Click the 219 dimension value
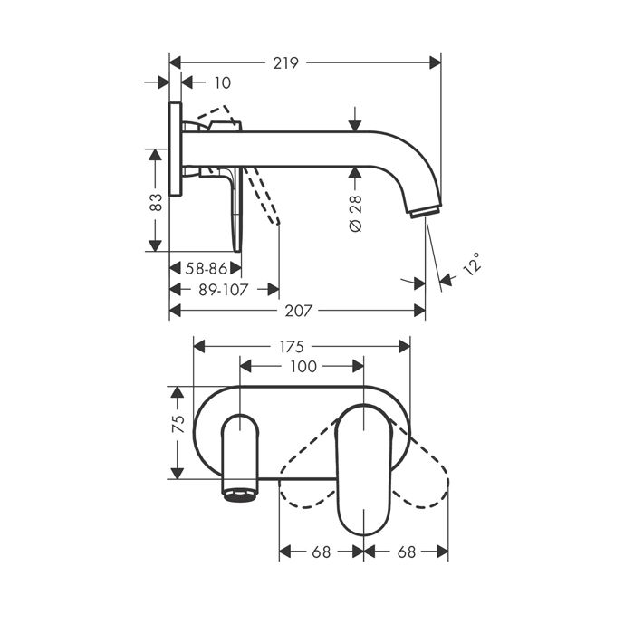click(285, 63)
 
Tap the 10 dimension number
click(223, 83)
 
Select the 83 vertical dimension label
click(156, 202)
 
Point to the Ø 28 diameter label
click(355, 214)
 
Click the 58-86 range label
click(207, 268)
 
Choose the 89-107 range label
click(223, 290)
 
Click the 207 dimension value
click(298, 311)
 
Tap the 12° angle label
click(472, 264)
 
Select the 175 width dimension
click(292, 347)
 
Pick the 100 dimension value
click(303, 367)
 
